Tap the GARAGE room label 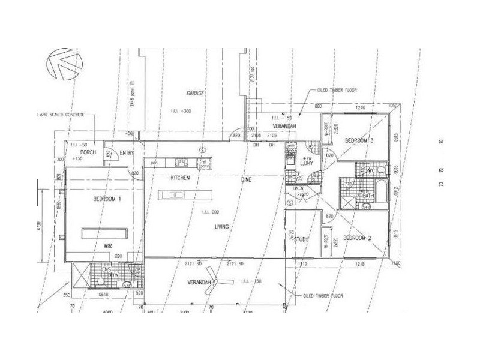196,94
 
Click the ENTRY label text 126,153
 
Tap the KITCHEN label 180,178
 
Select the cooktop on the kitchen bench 181,161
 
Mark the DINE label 246,178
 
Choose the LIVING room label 224,227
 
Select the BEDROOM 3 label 359,140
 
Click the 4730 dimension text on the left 38,228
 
